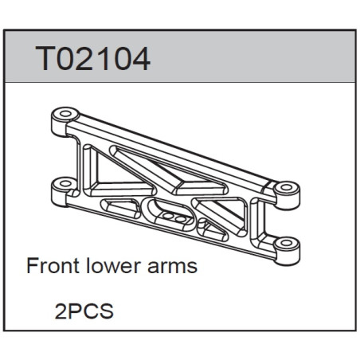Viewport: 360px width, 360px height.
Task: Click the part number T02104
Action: pos(93,59)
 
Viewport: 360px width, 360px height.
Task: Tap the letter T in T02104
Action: pos(45,59)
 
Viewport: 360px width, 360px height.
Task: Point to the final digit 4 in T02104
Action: pos(142,59)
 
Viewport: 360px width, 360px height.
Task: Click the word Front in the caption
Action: pos(53,265)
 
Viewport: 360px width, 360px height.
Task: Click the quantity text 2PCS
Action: pos(84,311)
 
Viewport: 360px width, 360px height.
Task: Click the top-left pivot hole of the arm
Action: pos(65,114)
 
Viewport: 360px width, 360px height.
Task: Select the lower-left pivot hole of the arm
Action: pos(65,183)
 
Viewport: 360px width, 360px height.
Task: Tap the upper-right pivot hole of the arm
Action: pos(286,188)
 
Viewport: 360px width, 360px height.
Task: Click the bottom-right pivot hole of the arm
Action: pos(286,243)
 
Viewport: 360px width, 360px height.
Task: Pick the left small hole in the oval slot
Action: pos(168,216)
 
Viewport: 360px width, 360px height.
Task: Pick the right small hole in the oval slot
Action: pos(180,219)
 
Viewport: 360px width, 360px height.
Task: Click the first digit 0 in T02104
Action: pos(66,59)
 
